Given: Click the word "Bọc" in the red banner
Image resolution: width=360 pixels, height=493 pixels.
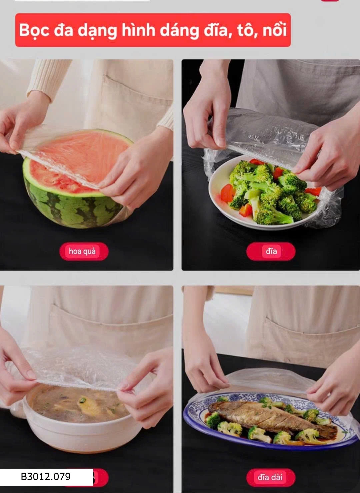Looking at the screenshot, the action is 34,30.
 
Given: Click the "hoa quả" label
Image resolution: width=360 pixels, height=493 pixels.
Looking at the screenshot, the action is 82,251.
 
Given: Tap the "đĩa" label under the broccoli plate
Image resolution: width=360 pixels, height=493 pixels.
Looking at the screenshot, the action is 271,251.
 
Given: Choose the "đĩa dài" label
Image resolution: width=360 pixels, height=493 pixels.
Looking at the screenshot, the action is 270,477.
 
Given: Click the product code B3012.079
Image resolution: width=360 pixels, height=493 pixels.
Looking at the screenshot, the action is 46,477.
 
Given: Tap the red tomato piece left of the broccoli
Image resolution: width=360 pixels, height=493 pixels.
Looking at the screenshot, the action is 228,193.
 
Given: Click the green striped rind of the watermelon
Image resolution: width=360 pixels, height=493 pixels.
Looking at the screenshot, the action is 73,209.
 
